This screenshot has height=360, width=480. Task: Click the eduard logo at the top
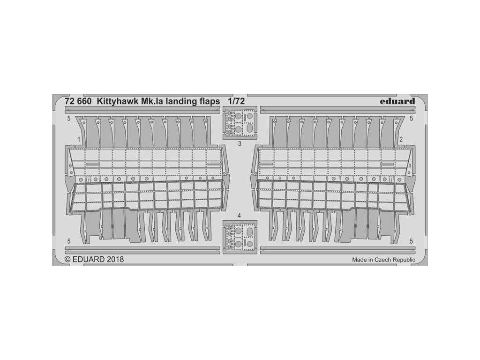click(398, 101)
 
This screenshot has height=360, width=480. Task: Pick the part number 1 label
click(79, 140)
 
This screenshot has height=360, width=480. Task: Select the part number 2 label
click(401, 140)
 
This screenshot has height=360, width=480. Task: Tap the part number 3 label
click(240, 144)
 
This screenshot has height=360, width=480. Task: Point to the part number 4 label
click(240, 216)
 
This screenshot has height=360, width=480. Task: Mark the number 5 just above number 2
click(411, 119)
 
